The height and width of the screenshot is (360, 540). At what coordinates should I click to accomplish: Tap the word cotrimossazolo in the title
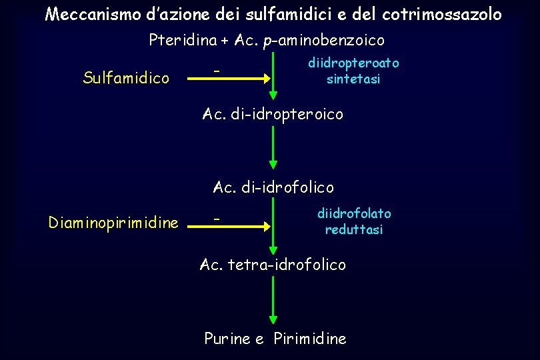(x=442, y=14)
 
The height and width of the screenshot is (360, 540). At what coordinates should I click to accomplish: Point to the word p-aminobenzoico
(x=324, y=41)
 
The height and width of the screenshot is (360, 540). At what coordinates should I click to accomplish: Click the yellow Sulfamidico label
(x=126, y=78)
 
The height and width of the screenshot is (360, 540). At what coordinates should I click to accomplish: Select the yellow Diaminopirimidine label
(x=113, y=223)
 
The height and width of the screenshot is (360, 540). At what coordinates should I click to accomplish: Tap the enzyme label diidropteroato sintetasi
(x=353, y=71)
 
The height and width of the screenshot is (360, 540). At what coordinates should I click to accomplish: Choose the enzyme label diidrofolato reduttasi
(x=354, y=221)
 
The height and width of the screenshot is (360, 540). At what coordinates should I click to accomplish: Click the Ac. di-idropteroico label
(x=273, y=115)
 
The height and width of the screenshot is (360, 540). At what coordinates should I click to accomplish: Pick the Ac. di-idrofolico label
(x=273, y=187)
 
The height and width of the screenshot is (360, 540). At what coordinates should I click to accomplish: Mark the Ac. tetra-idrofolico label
(x=273, y=265)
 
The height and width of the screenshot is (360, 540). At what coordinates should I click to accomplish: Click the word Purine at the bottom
(x=227, y=339)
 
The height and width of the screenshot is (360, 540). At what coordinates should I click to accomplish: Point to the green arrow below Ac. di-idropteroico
(x=273, y=147)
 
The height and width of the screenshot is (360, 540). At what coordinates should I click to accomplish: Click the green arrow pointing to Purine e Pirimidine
(x=273, y=300)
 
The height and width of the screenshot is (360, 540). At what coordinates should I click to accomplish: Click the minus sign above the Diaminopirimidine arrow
(x=215, y=217)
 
